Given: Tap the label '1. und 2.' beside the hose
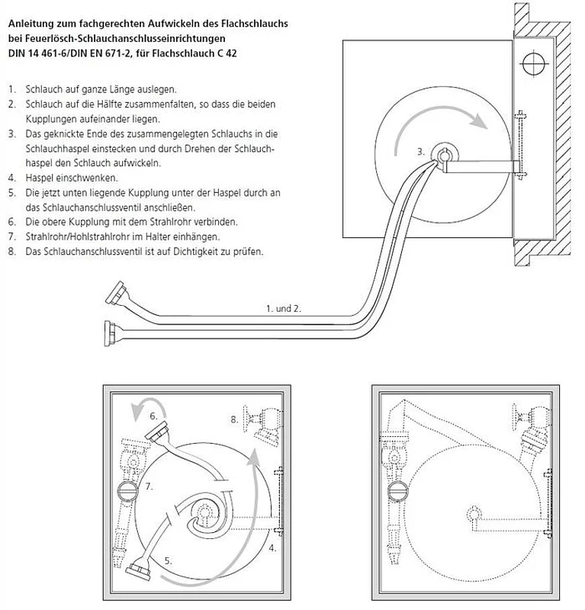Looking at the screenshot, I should (284, 309).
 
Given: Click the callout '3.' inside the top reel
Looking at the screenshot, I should (420, 152).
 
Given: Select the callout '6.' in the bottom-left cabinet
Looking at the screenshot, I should (153, 416).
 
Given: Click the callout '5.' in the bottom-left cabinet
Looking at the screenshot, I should (168, 560).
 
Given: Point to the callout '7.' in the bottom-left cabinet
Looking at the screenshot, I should (150, 486).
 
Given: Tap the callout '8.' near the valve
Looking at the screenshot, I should (234, 419).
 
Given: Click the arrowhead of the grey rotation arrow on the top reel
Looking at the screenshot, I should (477, 121).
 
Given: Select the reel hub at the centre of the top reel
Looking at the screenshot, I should (443, 155).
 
